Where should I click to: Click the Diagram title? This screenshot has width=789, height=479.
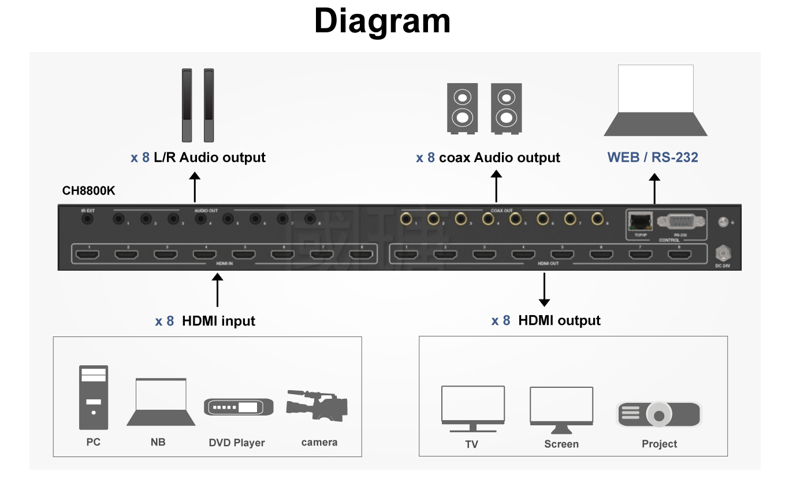(x=382, y=21)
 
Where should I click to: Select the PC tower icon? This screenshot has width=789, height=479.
(x=94, y=398)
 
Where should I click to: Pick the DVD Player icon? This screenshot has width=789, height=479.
(x=239, y=407)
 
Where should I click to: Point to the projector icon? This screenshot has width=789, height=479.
(x=658, y=414)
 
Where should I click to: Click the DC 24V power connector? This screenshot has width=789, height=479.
(x=722, y=254)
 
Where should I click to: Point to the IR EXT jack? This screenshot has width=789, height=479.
(x=88, y=220)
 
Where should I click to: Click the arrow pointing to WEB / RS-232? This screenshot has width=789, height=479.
(x=654, y=190)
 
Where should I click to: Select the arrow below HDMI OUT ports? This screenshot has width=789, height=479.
(x=544, y=290)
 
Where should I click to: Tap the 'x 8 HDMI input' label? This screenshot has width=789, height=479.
(x=205, y=321)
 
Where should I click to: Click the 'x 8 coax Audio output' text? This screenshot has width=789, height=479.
(x=487, y=158)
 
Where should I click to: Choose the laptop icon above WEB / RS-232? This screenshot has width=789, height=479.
(x=656, y=100)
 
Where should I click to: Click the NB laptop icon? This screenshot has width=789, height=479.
(x=161, y=402)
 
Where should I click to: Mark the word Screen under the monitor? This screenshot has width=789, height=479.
(x=561, y=444)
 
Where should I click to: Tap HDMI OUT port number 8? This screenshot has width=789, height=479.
(x=680, y=255)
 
